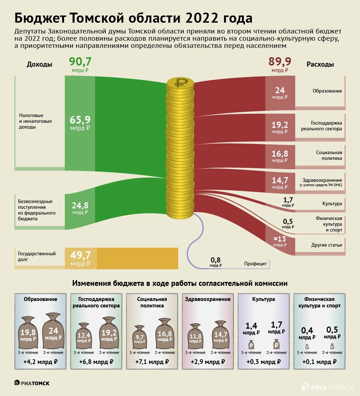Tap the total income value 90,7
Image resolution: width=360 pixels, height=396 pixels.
(x=80, y=62)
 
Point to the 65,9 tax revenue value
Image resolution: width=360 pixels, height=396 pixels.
(x=80, y=120)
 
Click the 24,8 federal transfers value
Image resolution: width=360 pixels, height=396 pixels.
(x=80, y=206)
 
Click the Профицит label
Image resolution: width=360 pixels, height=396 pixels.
(x=255, y=264)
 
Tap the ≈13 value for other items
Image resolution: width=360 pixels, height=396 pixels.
(x=280, y=239)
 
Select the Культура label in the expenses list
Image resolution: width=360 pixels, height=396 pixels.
(x=332, y=204)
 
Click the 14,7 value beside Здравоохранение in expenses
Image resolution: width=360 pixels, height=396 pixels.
(x=280, y=180)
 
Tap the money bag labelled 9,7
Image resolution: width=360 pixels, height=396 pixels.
(x=139, y=338)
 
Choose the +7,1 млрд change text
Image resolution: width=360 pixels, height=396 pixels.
(x=152, y=362)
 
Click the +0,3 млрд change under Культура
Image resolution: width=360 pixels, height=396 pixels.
(x=264, y=362)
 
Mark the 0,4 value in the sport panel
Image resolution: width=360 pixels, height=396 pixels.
(x=307, y=330)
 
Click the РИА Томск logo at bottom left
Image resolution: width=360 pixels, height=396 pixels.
(x=32, y=383)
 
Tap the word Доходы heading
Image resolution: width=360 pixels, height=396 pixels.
(x=40, y=64)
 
